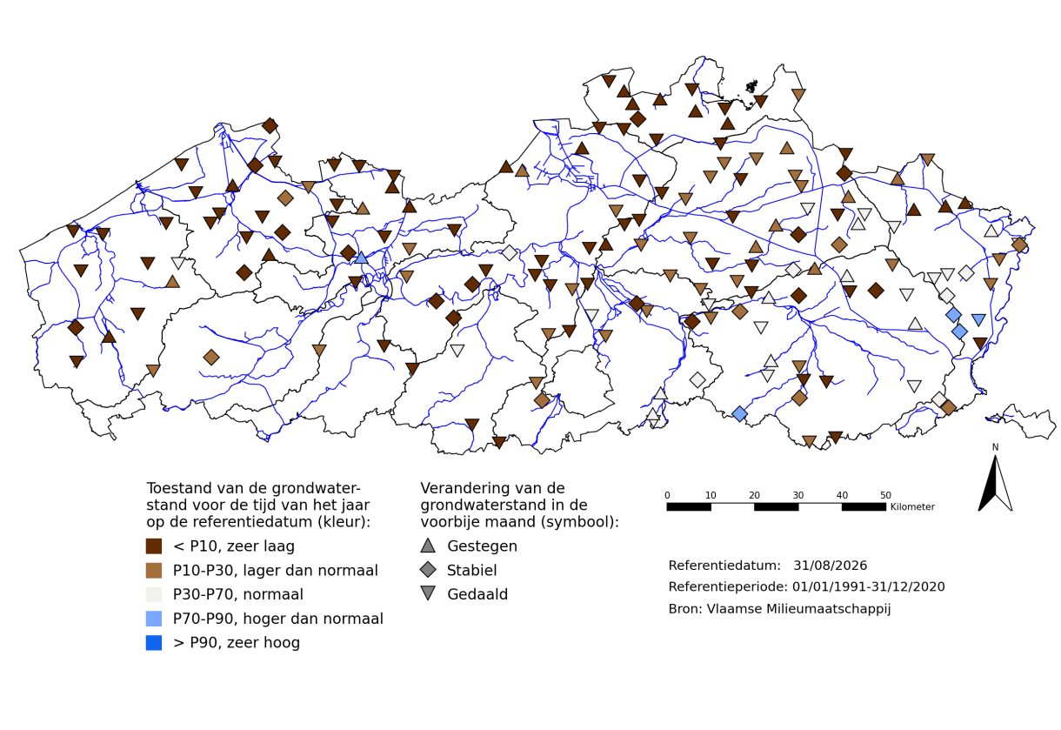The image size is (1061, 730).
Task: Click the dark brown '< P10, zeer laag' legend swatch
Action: tap(154, 546)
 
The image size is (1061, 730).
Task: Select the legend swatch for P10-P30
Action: tap(154, 570)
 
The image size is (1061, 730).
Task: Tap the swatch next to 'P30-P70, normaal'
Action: tap(154, 594)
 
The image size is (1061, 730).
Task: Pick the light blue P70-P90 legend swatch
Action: tap(154, 619)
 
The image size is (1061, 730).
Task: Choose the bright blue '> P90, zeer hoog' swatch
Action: tap(154, 643)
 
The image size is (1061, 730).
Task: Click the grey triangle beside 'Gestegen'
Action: tap(428, 546)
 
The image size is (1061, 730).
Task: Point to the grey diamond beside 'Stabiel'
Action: tap(428, 570)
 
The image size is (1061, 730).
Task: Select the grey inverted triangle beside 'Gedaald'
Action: tap(428, 593)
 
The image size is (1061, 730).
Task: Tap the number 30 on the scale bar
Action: tap(798, 495)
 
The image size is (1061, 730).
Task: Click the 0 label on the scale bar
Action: tap(667, 495)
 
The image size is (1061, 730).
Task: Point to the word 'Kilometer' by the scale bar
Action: tap(912, 506)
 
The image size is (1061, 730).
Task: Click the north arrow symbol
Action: tap(995, 483)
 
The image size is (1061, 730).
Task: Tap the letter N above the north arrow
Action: tap(995, 447)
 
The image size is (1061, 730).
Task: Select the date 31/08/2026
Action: tap(831, 566)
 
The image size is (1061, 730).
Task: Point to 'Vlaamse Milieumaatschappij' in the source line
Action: tap(798, 609)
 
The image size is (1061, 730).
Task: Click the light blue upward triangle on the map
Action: tap(362, 258)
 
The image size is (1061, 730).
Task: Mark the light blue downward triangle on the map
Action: tap(978, 320)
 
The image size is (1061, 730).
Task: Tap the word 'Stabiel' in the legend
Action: tap(471, 570)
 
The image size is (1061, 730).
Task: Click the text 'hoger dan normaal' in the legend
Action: tap(313, 619)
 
